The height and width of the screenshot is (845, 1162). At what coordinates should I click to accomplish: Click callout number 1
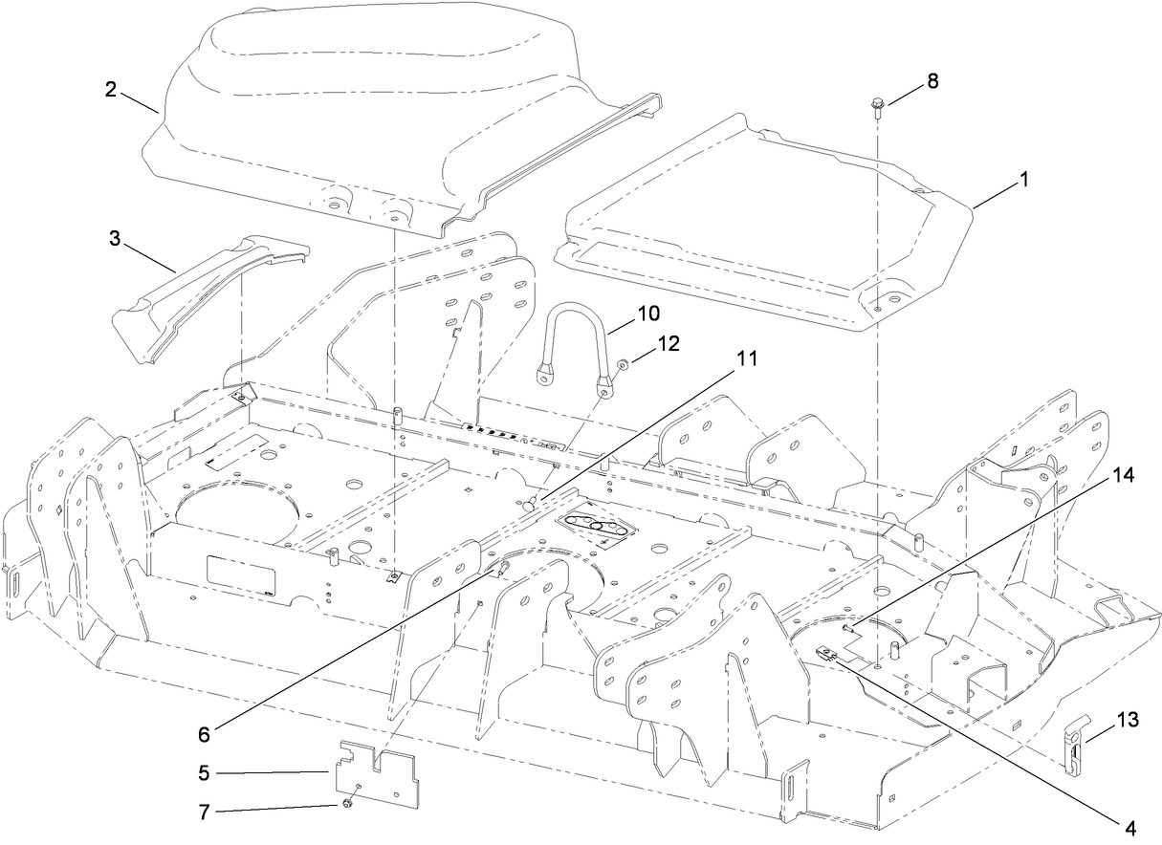click(x=1023, y=178)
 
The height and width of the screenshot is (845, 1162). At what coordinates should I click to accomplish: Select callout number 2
click(x=111, y=90)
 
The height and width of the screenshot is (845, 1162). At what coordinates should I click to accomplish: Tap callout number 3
click(x=115, y=236)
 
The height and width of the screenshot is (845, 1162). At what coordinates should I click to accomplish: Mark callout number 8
click(x=932, y=81)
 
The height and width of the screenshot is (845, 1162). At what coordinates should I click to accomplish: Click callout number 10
click(x=647, y=314)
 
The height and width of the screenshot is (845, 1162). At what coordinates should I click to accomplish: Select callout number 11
click(x=746, y=358)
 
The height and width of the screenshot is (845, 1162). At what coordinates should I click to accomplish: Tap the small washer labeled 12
click(x=622, y=363)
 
